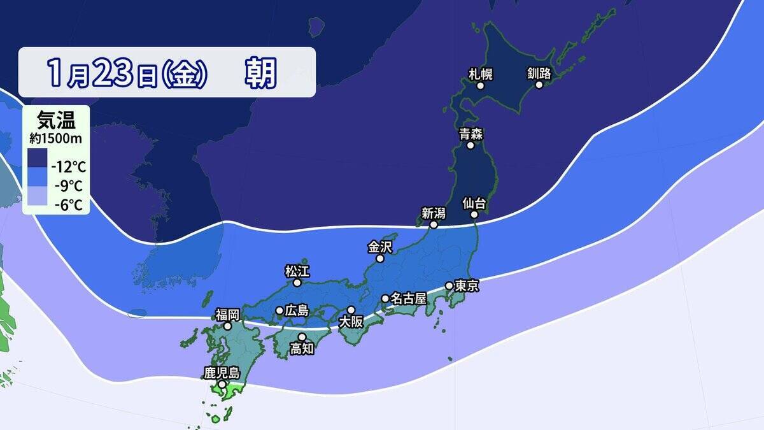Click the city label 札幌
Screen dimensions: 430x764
click(481, 73)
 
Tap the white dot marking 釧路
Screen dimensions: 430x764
click(539, 85)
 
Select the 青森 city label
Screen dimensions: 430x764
click(470, 134)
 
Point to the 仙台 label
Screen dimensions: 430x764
click(474, 204)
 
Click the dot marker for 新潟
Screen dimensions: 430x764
click(434, 225)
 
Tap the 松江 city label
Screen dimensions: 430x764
click(297, 271)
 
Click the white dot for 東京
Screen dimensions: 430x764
click(449, 285)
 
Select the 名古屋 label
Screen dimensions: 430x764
click(407, 298)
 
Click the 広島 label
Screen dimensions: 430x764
click(297, 311)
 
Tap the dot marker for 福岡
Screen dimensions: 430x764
click(227, 326)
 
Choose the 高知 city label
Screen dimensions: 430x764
click(302, 348)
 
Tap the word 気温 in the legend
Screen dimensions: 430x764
click(55, 119)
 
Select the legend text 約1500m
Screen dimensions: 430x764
click(55, 137)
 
